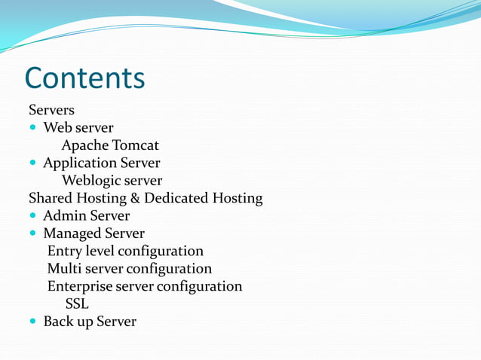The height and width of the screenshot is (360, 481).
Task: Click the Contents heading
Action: [x=84, y=78]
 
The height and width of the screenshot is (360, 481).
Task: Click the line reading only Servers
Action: [x=51, y=110]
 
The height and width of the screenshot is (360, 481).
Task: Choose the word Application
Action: [x=78, y=163]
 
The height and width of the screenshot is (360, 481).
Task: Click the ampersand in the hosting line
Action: [x=133, y=199]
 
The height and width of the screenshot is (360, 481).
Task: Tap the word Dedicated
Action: [x=176, y=199]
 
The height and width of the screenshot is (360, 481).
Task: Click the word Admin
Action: [x=64, y=216]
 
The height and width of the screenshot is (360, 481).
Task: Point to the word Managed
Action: [x=72, y=233]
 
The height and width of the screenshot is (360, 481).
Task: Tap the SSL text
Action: [x=77, y=304]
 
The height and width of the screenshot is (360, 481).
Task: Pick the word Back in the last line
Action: [x=58, y=322]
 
